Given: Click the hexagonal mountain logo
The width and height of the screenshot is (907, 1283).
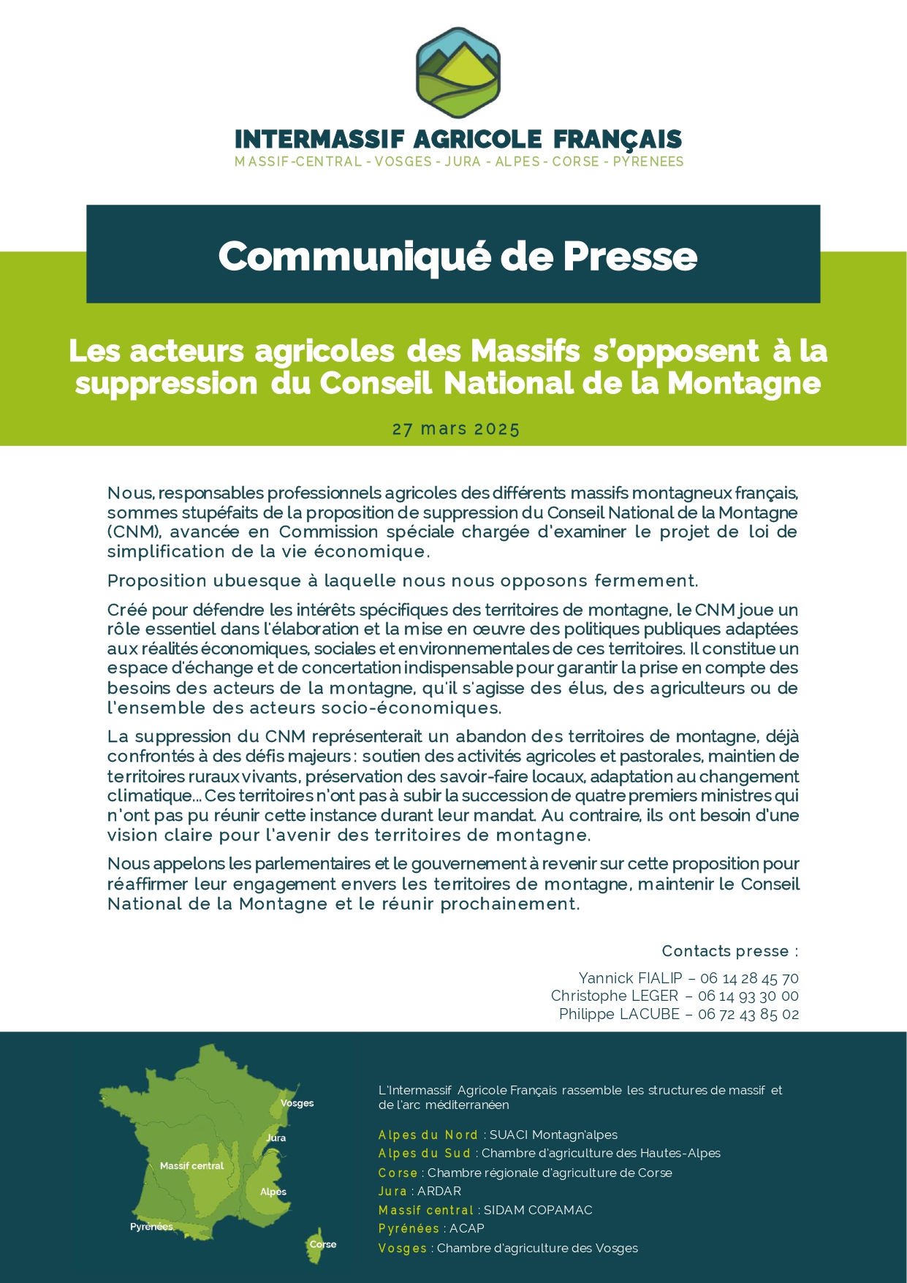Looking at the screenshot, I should (458, 72).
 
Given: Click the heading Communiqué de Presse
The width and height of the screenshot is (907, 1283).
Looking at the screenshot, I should (458, 257).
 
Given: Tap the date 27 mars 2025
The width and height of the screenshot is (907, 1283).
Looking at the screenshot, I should (456, 429).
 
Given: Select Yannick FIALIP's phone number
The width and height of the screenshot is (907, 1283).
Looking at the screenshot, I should (749, 978).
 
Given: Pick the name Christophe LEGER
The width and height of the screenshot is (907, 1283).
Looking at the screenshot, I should (614, 996).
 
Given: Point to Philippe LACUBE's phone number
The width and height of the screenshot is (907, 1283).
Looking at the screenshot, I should (748, 1014).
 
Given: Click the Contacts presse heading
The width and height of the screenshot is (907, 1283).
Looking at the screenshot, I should (729, 951).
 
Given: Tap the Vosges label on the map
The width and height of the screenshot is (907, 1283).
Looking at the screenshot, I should (297, 1103).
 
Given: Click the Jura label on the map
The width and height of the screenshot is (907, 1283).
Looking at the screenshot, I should (276, 1138).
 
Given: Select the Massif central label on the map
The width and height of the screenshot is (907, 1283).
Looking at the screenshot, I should (191, 1166).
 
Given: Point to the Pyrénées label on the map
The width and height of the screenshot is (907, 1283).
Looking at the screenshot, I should (151, 1227).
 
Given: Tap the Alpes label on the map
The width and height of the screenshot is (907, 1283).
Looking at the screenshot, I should (273, 1192).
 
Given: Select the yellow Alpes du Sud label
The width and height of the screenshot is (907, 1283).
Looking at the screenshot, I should (425, 1153).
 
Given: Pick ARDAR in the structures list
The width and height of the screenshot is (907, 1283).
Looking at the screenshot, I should (439, 1191).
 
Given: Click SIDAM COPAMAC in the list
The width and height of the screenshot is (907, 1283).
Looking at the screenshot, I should (538, 1210).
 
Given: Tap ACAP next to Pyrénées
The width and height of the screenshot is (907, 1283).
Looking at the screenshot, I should (467, 1228).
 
